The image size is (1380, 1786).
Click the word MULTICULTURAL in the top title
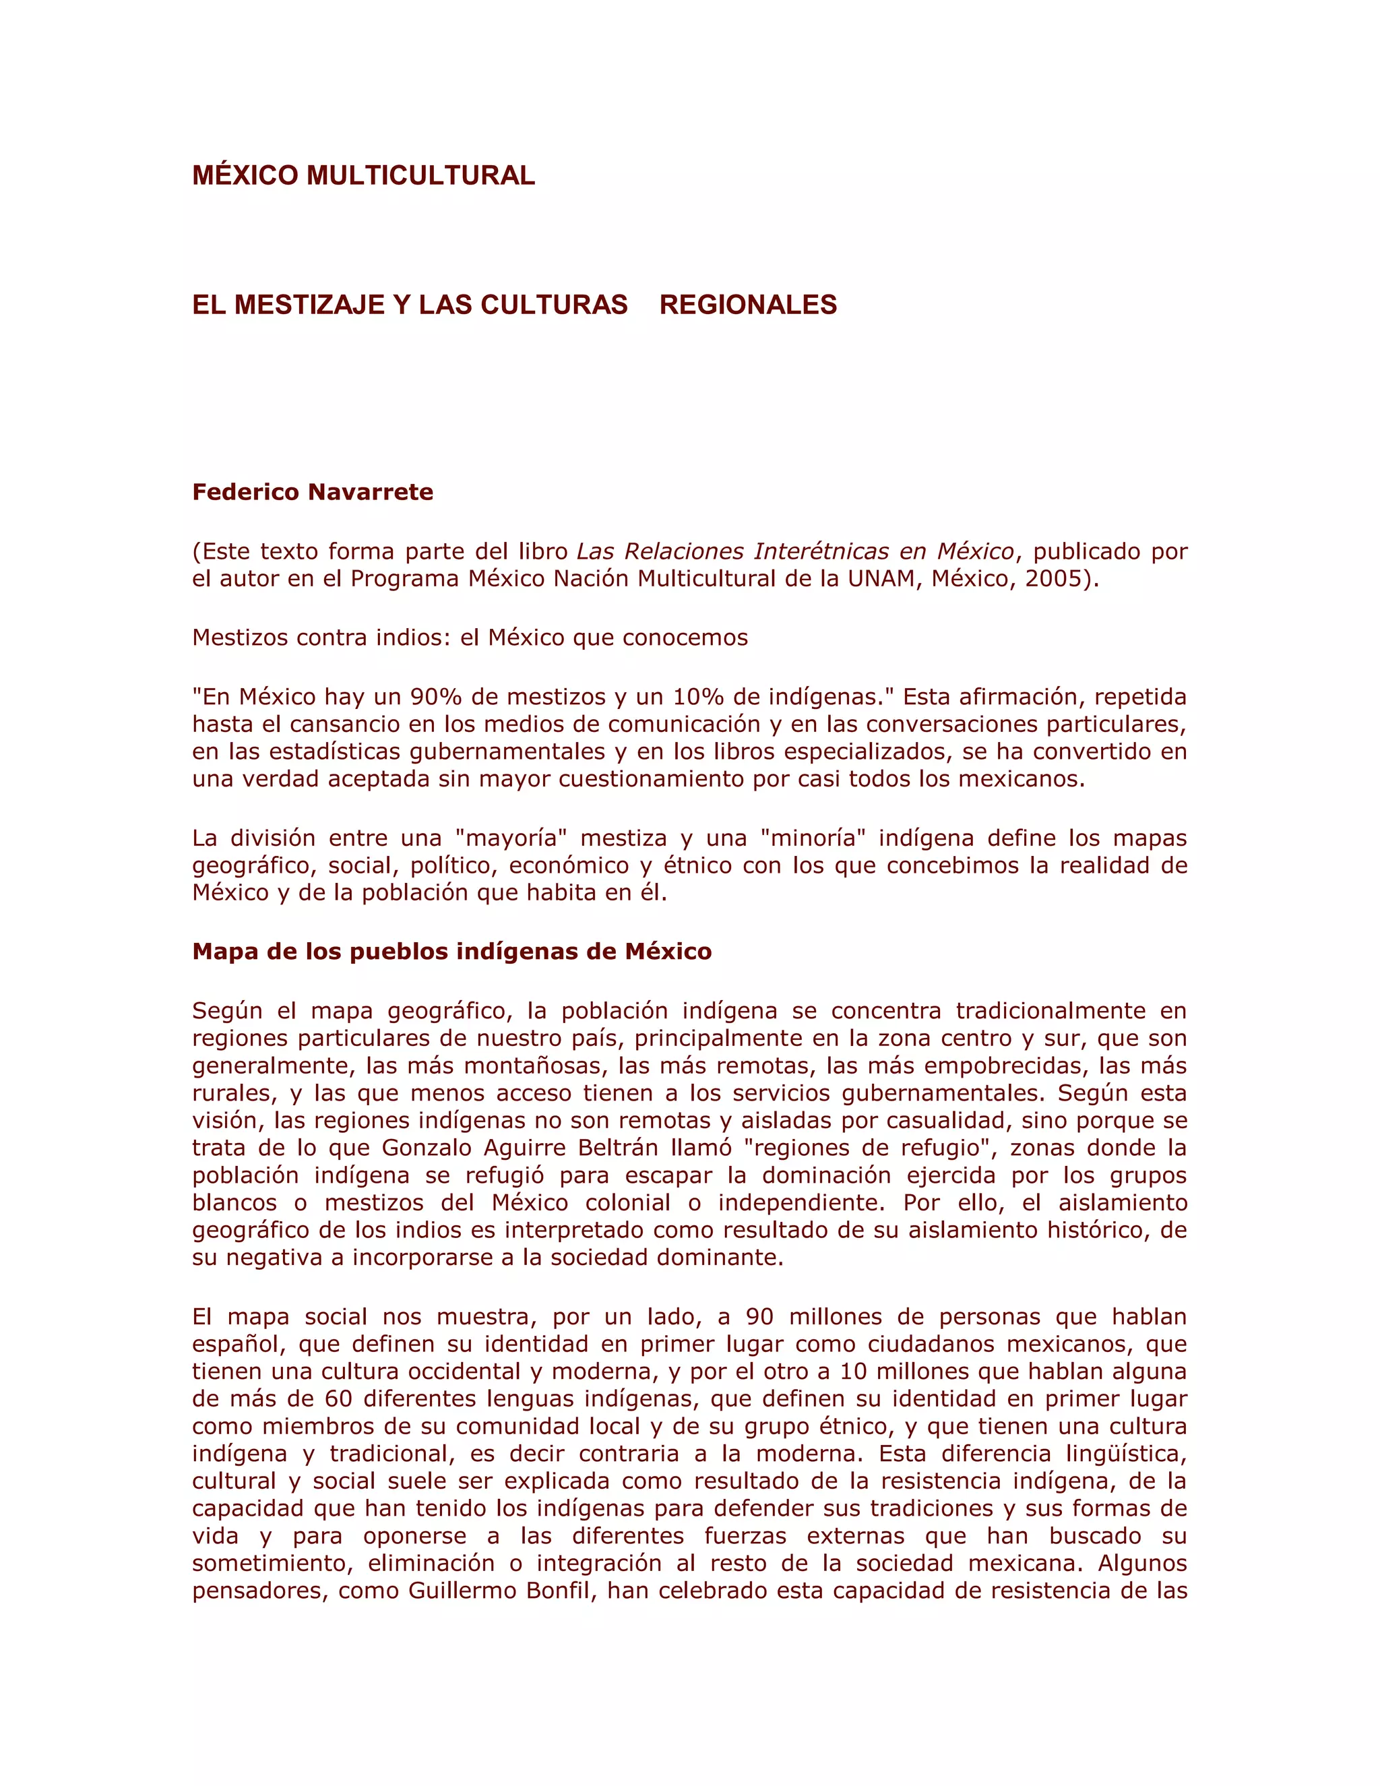pyautogui.click(x=420, y=175)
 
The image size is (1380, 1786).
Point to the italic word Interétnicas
pyautogui.click(x=821, y=551)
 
